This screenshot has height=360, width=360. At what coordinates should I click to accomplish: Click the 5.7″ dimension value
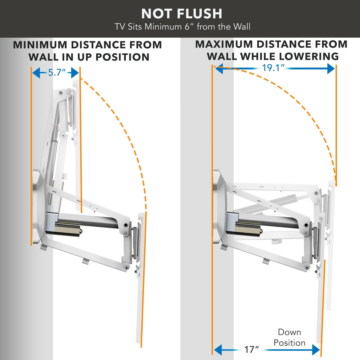[57, 73]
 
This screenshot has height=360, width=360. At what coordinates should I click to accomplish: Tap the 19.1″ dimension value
[273, 68]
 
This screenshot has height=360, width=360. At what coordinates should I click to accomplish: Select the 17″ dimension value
[251, 349]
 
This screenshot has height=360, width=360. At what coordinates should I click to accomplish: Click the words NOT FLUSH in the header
[181, 14]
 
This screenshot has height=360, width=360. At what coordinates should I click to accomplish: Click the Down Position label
[289, 337]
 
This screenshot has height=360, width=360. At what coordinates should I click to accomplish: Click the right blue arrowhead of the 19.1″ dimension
[331, 69]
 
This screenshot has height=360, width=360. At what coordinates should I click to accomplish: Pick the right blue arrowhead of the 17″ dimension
[316, 350]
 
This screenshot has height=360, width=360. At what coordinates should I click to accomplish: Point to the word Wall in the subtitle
[241, 27]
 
